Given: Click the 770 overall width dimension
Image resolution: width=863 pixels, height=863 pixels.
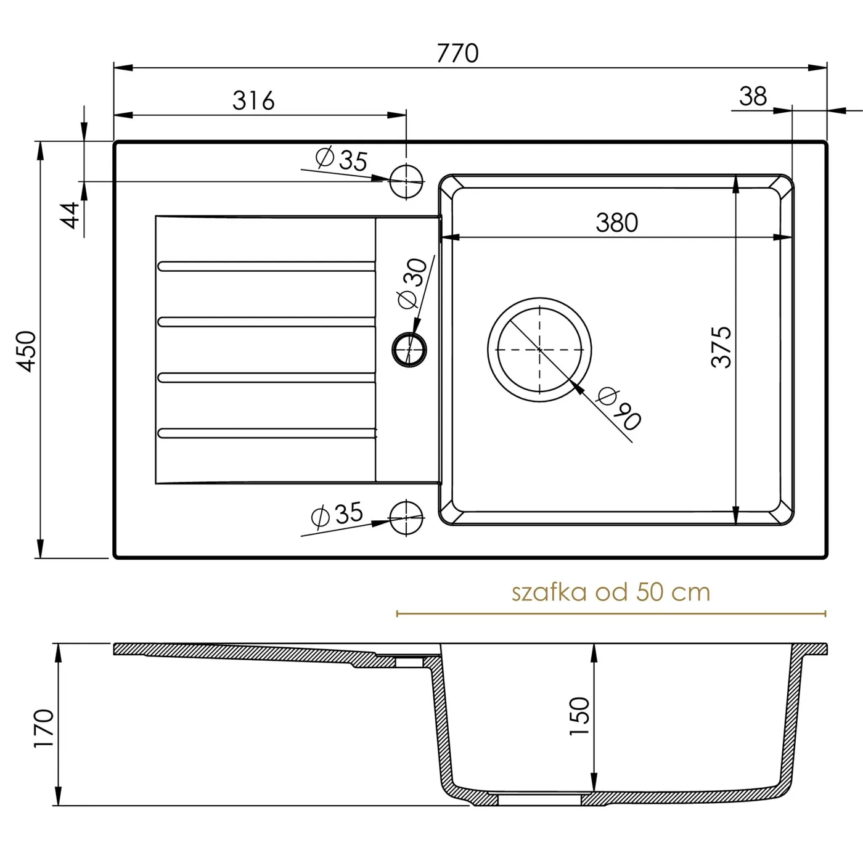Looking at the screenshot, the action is [x=457, y=54].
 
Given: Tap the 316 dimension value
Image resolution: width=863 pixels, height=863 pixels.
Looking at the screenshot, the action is [x=253, y=100].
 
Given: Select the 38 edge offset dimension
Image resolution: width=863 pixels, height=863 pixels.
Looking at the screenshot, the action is [x=753, y=96].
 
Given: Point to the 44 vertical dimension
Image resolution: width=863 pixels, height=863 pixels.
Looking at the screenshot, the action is [x=70, y=215].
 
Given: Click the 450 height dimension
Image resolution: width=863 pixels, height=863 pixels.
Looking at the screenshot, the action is [x=26, y=351].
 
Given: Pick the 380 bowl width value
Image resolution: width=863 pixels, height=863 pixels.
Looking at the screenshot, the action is [x=616, y=223].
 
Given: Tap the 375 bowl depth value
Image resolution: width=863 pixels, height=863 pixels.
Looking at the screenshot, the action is [x=721, y=348].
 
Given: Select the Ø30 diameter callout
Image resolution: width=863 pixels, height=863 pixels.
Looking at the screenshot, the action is [x=412, y=283].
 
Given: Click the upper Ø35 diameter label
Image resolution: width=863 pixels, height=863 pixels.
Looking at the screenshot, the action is [x=342, y=159].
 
